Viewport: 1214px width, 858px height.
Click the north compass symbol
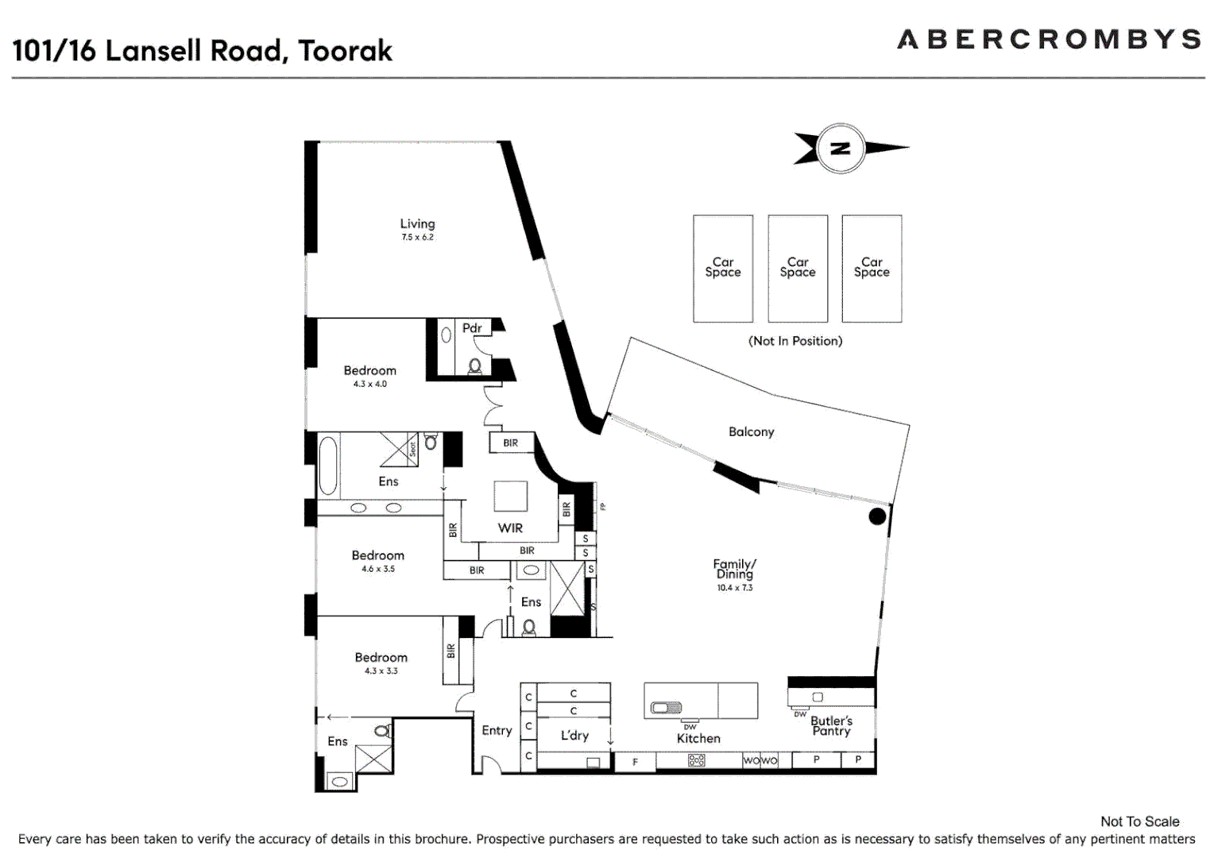(x=841, y=149)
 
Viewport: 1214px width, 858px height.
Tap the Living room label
(x=417, y=224)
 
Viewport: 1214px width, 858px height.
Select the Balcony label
(x=751, y=431)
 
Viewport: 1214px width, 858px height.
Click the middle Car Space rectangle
(x=798, y=268)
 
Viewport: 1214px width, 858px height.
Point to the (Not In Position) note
(x=795, y=341)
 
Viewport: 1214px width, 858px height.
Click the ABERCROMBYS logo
(x=1049, y=40)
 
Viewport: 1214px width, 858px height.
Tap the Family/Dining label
(x=734, y=569)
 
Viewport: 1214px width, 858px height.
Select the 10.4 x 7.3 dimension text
(x=734, y=588)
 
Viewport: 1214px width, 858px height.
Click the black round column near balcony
(x=877, y=516)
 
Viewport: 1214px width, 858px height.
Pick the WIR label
(x=510, y=528)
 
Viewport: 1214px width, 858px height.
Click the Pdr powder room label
(x=472, y=328)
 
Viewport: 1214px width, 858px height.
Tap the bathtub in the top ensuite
(x=327, y=466)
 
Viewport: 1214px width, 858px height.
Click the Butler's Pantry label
(x=831, y=726)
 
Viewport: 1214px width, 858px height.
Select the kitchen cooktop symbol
(x=697, y=760)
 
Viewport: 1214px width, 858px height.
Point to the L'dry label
(x=574, y=736)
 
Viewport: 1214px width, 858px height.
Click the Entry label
(x=497, y=731)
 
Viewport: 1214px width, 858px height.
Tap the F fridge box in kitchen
(x=635, y=762)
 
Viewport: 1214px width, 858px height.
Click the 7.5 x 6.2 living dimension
(x=417, y=238)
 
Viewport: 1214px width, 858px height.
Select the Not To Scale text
(x=1139, y=821)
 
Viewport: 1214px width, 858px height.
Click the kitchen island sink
(x=666, y=707)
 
